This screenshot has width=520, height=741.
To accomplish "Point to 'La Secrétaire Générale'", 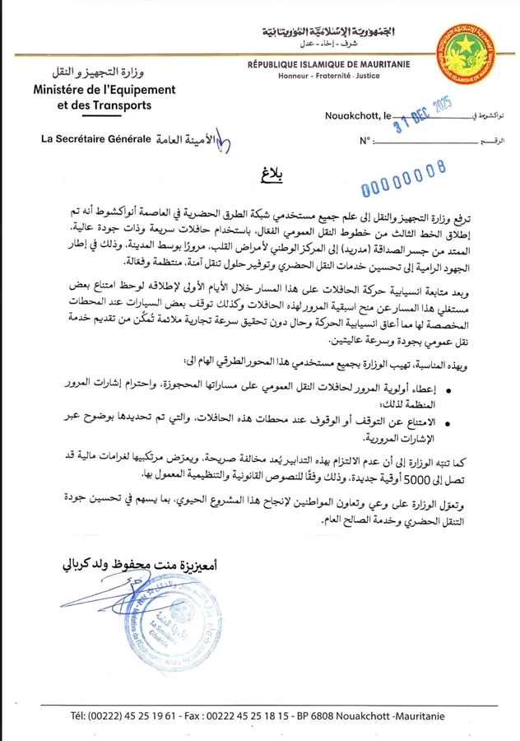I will pos(96,139).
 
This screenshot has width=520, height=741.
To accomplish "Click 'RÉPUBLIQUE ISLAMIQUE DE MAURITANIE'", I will pos(331,63).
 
